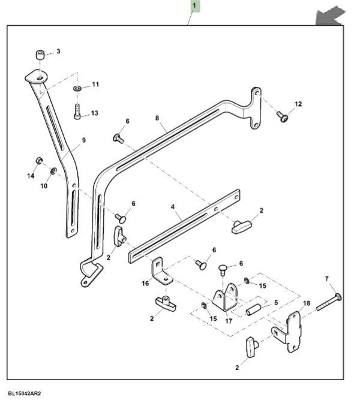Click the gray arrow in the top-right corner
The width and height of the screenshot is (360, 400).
[x=331, y=16]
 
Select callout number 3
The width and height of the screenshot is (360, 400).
[x=58, y=52]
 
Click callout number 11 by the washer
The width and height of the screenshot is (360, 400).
[x=95, y=85]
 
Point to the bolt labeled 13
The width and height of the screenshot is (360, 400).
[x=77, y=112]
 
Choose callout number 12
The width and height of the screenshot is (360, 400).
[x=298, y=104]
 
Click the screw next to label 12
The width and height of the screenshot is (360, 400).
[x=283, y=117]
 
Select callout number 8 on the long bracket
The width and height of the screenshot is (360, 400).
[x=157, y=119]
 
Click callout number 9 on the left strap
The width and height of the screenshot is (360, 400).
[x=83, y=140]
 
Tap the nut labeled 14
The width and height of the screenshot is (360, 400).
[x=38, y=161]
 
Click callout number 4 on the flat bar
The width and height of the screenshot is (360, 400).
[x=173, y=206]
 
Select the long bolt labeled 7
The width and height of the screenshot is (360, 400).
[x=328, y=302]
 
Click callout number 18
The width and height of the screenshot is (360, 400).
[x=307, y=303]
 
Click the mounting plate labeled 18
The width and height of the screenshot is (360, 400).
[x=289, y=332]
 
